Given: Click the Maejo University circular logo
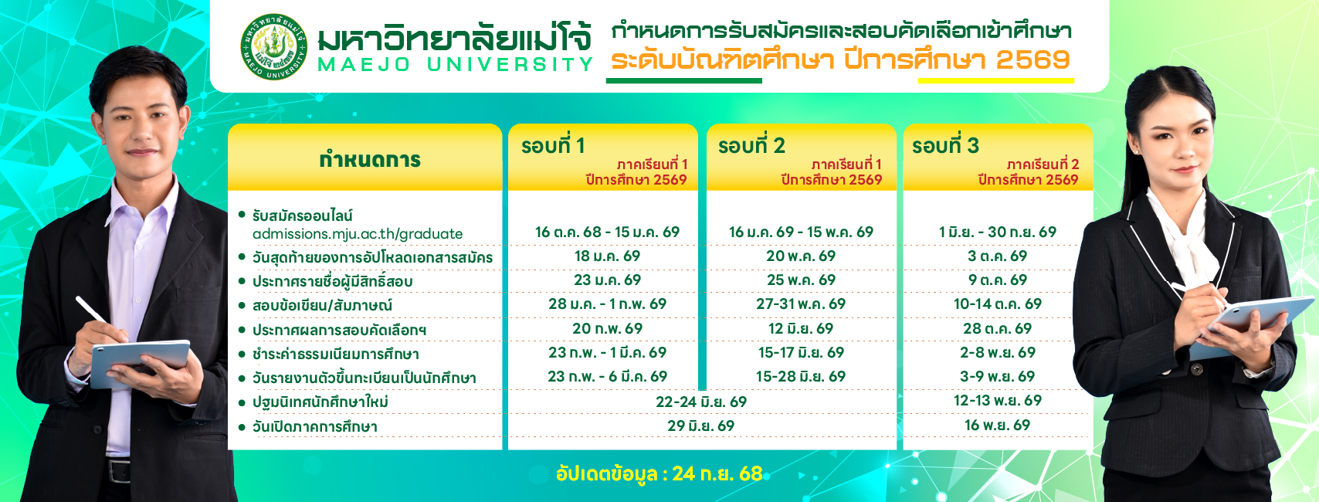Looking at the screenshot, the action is pyautogui.click(x=274, y=46).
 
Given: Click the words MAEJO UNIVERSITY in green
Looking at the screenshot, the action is pyautogui.click(x=455, y=65).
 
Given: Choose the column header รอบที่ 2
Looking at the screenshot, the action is pyautogui.click(x=751, y=145).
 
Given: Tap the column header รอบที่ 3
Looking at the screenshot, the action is pyautogui.click(x=945, y=145).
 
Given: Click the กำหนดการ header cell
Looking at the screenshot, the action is pyautogui.click(x=370, y=160).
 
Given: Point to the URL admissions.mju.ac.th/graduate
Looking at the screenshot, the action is pyautogui.click(x=358, y=234).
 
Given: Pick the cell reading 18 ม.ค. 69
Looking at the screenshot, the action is pyautogui.click(x=607, y=256).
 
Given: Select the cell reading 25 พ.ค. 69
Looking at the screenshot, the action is pyautogui.click(x=801, y=280).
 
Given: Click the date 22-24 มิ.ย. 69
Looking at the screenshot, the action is pyautogui.click(x=700, y=402).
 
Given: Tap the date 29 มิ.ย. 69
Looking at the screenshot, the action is pyautogui.click(x=700, y=426).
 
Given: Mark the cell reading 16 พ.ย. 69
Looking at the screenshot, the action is pyautogui.click(x=997, y=425).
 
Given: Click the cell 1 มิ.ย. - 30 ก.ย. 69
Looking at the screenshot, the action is pyautogui.click(x=998, y=232).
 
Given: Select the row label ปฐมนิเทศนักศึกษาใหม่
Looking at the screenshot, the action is pyautogui.click(x=320, y=402).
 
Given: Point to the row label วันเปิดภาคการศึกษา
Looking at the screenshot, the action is pyautogui.click(x=315, y=426).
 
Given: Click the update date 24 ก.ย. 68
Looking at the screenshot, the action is pyautogui.click(x=717, y=473).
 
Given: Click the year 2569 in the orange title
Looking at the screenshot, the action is pyautogui.click(x=1033, y=60).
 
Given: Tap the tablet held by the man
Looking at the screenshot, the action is pyautogui.click(x=140, y=362).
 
